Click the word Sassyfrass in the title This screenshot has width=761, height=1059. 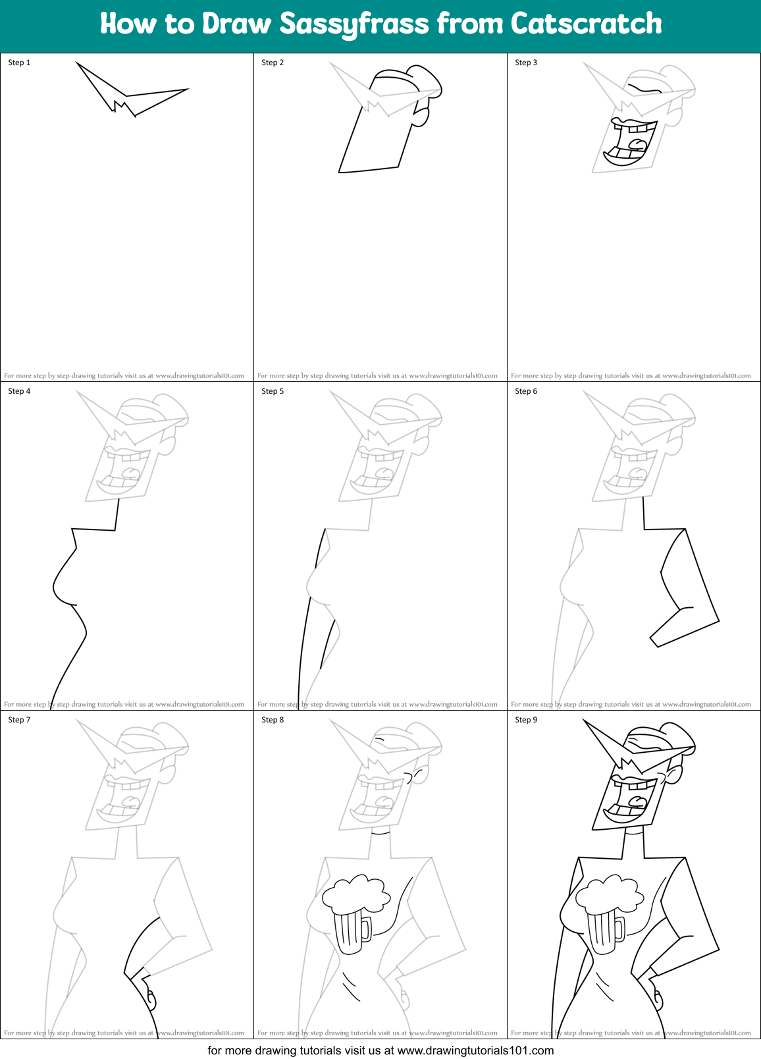354,24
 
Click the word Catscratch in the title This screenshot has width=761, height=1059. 586,24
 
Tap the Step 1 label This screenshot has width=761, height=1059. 19,63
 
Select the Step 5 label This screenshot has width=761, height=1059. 273,391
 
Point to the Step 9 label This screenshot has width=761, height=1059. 526,720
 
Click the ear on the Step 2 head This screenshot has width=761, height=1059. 421,115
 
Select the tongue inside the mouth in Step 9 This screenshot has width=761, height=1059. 637,801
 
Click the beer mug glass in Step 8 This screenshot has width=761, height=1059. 346,931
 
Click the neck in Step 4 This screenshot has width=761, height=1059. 117,514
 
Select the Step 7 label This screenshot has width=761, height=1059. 19,720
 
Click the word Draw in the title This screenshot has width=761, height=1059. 236,24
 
